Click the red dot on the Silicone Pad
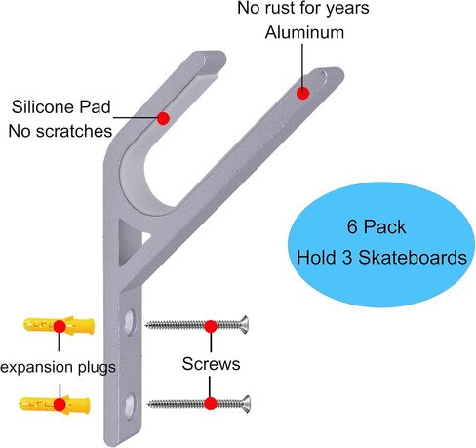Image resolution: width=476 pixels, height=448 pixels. (163, 118)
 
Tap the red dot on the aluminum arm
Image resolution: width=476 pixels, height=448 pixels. (302, 94)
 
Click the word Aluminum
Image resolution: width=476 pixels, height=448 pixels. (304, 32)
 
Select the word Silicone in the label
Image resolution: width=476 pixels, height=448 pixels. (41, 107)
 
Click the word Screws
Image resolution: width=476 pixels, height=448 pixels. (211, 364)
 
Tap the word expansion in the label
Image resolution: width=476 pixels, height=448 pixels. (37, 368)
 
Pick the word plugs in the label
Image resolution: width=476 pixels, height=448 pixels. (97, 368)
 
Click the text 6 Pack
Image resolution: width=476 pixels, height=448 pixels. (377, 226)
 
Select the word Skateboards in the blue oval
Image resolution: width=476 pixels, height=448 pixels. (413, 258)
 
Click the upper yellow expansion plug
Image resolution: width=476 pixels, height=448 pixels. (59, 325)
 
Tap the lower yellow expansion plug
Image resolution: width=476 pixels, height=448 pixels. (55, 404)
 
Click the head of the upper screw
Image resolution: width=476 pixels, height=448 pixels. (244, 324)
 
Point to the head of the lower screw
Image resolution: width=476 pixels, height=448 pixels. (246, 404)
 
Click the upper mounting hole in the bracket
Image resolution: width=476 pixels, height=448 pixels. (130, 322)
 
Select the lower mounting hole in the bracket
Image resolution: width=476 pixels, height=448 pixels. (130, 406)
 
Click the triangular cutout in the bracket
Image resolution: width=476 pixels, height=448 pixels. (129, 242)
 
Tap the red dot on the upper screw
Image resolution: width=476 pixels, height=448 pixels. (211, 326)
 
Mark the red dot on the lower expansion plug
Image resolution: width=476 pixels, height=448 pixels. (59, 405)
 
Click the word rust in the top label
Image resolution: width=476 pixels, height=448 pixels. (286, 8)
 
